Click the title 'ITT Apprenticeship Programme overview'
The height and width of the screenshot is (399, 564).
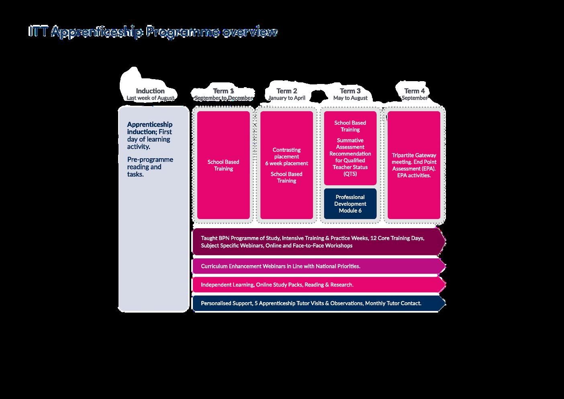point(153,32)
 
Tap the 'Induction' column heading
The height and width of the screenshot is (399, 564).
point(150,91)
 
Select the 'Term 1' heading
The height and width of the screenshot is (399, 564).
point(223,91)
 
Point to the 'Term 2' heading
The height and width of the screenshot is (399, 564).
point(287,91)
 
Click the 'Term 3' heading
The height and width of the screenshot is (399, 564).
point(350,91)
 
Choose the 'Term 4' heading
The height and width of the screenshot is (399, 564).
point(414,91)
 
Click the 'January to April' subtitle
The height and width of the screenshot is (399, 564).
point(287,98)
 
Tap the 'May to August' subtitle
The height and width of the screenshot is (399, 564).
point(350,98)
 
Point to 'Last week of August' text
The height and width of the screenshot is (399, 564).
point(150,98)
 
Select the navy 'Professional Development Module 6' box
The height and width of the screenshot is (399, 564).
point(350,204)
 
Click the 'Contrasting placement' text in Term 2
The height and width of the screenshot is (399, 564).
point(286,153)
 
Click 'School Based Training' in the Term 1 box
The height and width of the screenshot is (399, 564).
point(223,165)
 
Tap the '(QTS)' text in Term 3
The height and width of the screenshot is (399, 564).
point(350,174)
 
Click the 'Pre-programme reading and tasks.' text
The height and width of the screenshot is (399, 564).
point(150,167)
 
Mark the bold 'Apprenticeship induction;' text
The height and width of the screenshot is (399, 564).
point(149,128)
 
